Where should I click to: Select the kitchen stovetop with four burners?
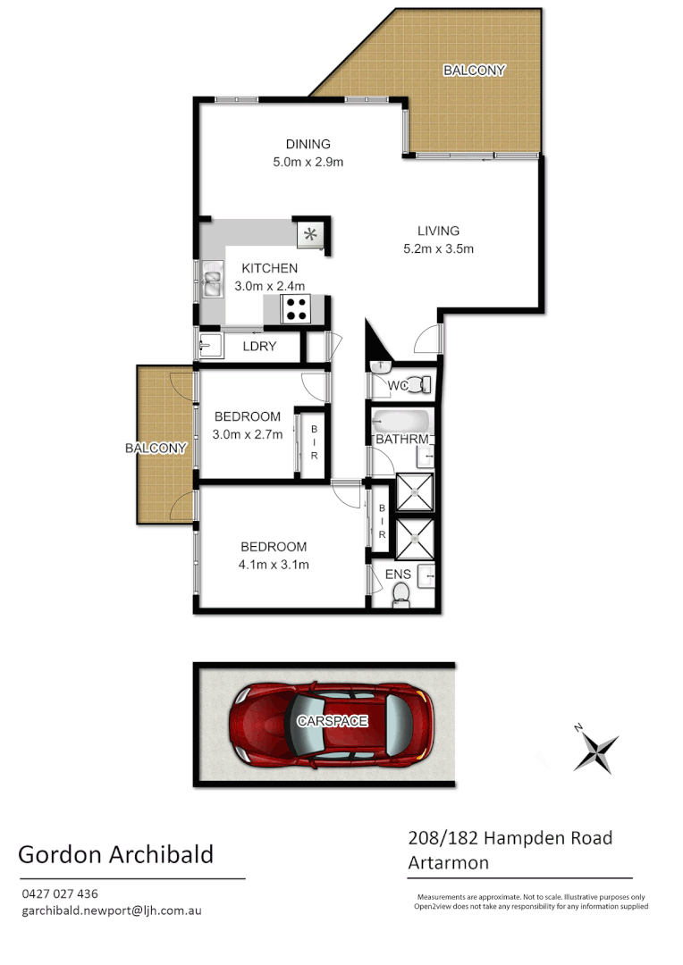(296, 308)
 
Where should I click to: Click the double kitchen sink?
(212, 279)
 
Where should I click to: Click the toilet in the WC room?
(419, 385)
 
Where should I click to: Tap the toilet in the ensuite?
(401, 593)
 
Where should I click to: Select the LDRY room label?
(259, 346)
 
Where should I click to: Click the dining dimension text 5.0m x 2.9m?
(308, 162)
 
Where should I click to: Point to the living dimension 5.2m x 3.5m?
(438, 248)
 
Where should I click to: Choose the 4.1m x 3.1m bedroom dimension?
(274, 564)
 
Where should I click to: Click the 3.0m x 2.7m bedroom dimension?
(247, 434)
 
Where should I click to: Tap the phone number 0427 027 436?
(59, 894)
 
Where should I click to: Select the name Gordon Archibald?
(115, 854)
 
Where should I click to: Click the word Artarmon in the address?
(448, 862)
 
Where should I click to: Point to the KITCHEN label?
(269, 268)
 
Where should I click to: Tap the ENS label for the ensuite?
(397, 575)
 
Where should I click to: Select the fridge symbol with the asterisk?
(310, 235)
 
